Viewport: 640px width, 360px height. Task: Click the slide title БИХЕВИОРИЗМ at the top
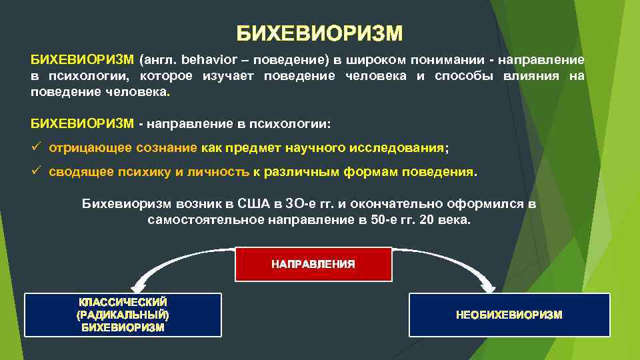click(x=319, y=33)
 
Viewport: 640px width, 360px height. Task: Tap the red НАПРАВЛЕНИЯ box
click(x=313, y=264)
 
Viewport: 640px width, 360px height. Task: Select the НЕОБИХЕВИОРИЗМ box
click(x=509, y=315)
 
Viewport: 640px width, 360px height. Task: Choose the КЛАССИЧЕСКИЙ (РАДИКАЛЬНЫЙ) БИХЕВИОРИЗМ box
click(x=123, y=315)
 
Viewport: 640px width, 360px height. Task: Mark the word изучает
click(x=227, y=76)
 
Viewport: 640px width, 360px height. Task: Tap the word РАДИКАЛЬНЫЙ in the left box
click(x=123, y=315)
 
